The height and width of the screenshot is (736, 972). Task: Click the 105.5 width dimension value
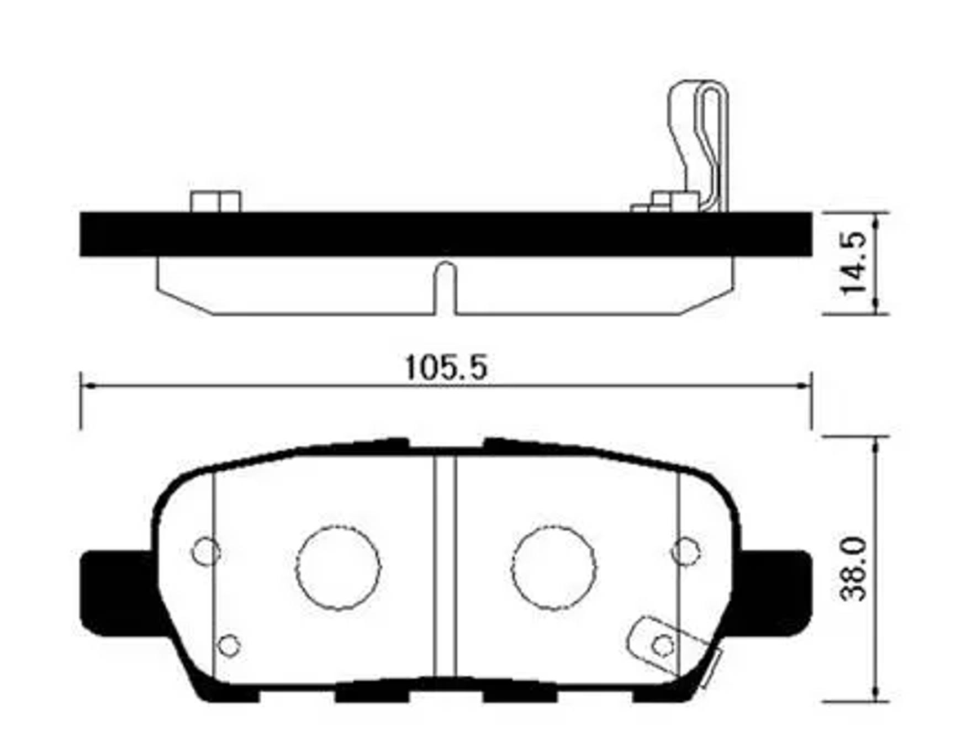(x=446, y=367)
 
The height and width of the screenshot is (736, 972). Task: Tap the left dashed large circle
(x=338, y=567)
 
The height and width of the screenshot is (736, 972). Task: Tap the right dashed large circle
(x=553, y=567)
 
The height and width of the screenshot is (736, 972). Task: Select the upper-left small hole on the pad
(x=205, y=551)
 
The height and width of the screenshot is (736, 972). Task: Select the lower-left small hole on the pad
(x=229, y=645)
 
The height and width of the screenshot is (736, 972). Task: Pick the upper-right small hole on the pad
(x=685, y=551)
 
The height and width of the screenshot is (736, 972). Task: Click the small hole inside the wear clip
(x=662, y=645)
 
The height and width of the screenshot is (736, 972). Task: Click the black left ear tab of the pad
(x=113, y=592)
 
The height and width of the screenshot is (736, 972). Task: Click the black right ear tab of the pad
(x=779, y=592)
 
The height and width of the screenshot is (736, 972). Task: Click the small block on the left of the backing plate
(x=215, y=202)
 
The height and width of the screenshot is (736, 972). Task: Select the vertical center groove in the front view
(x=445, y=564)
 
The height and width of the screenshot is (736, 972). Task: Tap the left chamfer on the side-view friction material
(x=185, y=301)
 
